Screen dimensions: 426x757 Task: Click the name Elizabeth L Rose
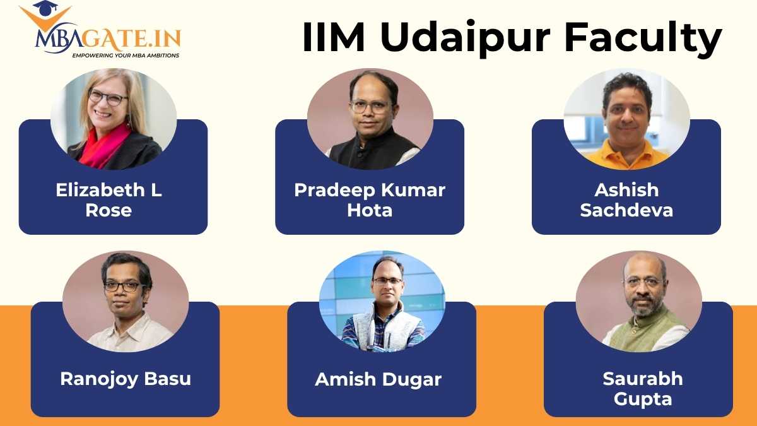pyautogui.click(x=109, y=200)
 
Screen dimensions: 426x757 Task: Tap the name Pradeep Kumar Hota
pyautogui.click(x=370, y=200)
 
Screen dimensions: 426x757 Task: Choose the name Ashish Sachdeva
pyautogui.click(x=626, y=200)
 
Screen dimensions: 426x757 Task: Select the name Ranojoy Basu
pyautogui.click(x=126, y=379)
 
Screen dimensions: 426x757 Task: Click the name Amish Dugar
pyautogui.click(x=378, y=379)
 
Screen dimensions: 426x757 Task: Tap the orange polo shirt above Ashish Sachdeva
pyautogui.click(x=626, y=156)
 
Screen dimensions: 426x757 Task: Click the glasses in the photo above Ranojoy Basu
pyautogui.click(x=123, y=286)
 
